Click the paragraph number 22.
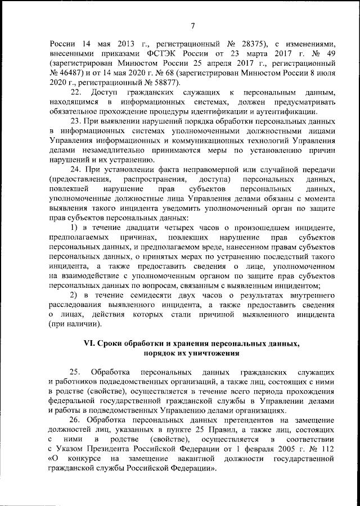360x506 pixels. pyautogui.click(x=75, y=92)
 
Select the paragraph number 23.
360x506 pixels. pyautogui.click(x=75, y=121)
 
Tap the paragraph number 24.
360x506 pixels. pyautogui.click(x=75, y=170)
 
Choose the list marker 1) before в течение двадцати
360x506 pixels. pyautogui.click(x=73, y=228)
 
